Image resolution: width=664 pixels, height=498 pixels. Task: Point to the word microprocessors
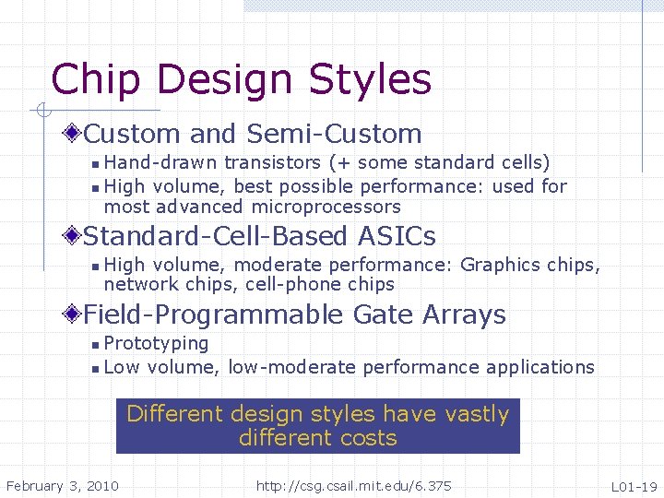point(326,207)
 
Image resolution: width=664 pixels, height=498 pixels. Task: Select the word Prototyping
point(156,344)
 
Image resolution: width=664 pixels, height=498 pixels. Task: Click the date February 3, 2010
point(62,485)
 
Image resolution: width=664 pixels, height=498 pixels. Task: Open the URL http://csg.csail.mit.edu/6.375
point(354,485)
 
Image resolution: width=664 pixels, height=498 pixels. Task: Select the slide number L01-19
point(634,486)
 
